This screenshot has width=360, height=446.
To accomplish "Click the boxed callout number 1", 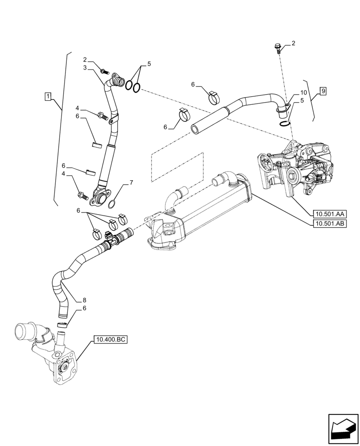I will click(x=48, y=96).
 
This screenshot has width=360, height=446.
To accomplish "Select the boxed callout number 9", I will click(x=323, y=91).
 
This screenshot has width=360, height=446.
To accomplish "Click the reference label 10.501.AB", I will click(x=330, y=224).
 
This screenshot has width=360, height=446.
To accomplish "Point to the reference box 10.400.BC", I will click(x=110, y=340).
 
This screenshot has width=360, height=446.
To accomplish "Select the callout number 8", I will click(x=84, y=300).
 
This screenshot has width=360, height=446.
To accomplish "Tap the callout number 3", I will click(x=84, y=67).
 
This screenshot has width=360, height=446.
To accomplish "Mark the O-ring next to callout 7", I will click(x=113, y=204).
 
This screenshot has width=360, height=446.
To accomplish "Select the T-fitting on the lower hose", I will click(x=110, y=239).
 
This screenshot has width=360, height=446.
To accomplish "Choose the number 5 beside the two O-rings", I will click(x=149, y=64).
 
